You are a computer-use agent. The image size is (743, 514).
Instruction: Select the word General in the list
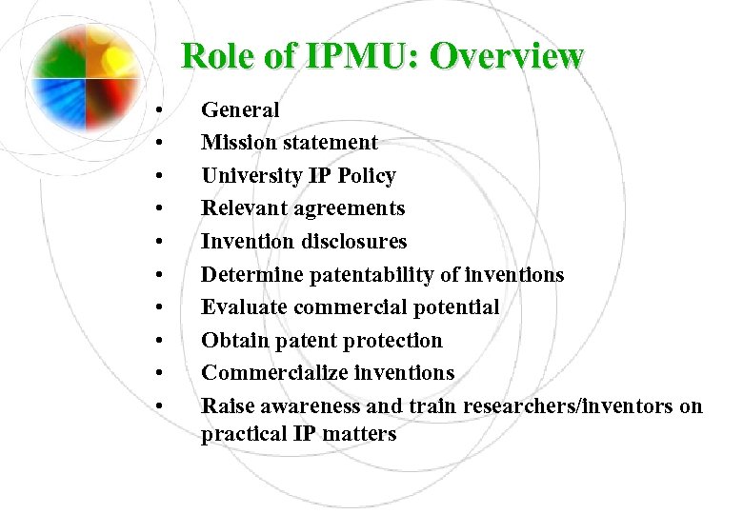coord(240,110)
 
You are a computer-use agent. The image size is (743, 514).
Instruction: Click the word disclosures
coord(351,242)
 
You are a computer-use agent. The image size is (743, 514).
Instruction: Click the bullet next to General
coord(164,111)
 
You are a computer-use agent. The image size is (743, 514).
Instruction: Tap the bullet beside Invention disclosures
coord(164,243)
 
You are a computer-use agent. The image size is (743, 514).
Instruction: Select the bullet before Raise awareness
coord(164,407)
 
